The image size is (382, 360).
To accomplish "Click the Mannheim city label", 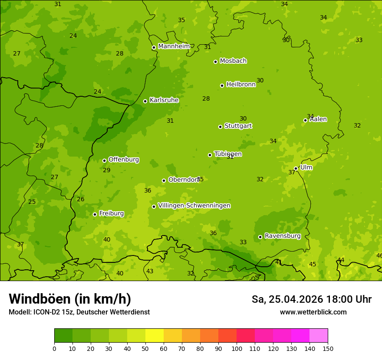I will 174,46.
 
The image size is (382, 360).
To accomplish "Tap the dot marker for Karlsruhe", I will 145,101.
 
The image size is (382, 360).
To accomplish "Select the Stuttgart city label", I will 238,126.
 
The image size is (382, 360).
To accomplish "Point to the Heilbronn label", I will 241,85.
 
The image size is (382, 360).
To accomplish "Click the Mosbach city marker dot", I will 215,62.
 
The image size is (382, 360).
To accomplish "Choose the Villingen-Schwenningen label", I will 194,206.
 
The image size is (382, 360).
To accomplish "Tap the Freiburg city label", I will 111,213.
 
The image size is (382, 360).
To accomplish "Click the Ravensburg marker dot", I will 260,237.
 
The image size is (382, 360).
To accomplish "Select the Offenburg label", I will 124,160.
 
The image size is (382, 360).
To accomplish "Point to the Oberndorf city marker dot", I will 164,180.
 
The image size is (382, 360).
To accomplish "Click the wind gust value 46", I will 379,256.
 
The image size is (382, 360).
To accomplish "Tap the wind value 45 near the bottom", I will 313,264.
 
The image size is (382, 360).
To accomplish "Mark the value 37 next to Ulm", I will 292,172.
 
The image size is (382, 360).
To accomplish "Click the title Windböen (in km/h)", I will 70,299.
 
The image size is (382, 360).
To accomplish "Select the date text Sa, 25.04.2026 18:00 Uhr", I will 311,299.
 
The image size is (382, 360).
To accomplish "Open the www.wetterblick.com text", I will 313,312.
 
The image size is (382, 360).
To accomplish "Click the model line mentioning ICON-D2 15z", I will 79,312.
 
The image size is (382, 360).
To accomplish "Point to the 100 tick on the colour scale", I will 237,349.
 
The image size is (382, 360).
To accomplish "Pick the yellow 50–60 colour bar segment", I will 155,336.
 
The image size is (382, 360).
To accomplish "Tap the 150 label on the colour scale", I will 328,349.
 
